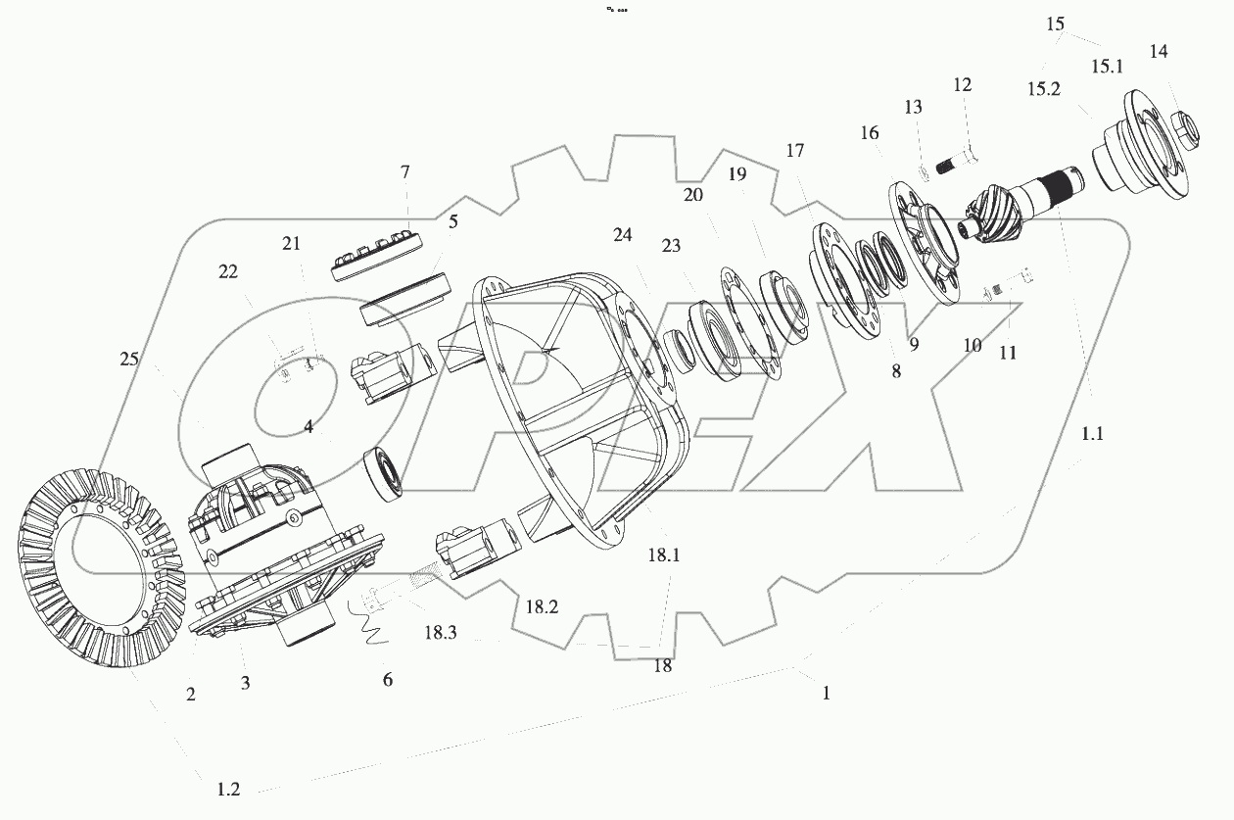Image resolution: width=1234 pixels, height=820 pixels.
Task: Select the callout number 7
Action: pos(404,172)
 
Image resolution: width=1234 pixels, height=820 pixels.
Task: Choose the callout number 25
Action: pos(129,360)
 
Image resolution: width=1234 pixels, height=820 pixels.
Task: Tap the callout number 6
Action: pos(388,679)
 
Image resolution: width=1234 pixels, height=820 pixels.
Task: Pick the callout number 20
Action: pos(693,195)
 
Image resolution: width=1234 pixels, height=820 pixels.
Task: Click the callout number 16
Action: pos(870,132)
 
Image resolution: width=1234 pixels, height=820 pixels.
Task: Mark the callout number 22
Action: pos(227,272)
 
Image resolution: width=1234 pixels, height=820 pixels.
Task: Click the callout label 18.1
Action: pos(662,555)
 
